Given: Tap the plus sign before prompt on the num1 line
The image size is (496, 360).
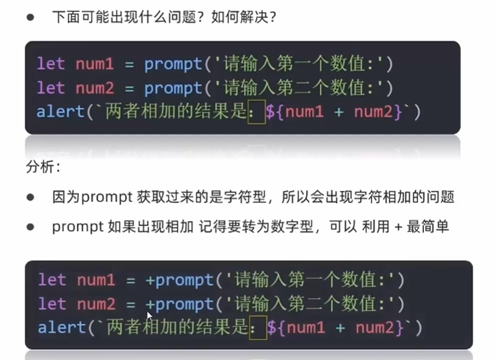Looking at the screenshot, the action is pyautogui.click(x=150, y=280).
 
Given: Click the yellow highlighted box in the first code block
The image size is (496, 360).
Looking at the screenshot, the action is pyautogui.click(x=256, y=112).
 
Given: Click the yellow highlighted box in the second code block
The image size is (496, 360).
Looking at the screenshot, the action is pyautogui.click(x=258, y=327).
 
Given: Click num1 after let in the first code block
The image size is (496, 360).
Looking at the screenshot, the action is pyautogui.click(x=95, y=64).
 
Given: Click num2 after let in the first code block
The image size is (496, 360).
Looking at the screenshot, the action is pyautogui.click(x=95, y=88).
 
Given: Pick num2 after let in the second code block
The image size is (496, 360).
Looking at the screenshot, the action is pyautogui.click(x=96, y=304).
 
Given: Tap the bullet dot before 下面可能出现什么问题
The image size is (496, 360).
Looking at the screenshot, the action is pyautogui.click(x=31, y=18).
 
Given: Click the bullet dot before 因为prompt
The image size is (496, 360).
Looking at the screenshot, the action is pyautogui.click(x=31, y=197).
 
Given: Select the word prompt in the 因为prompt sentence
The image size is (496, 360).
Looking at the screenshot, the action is pyautogui.click(x=107, y=197).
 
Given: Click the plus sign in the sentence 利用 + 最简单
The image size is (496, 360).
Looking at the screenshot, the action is pyautogui.click(x=399, y=227).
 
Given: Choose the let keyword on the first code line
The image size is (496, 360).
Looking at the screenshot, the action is pyautogui.click(x=51, y=64).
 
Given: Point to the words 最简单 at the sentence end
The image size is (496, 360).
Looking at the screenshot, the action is pyautogui.click(x=428, y=227).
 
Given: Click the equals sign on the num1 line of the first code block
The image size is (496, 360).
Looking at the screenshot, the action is pyautogui.click(x=129, y=64).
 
